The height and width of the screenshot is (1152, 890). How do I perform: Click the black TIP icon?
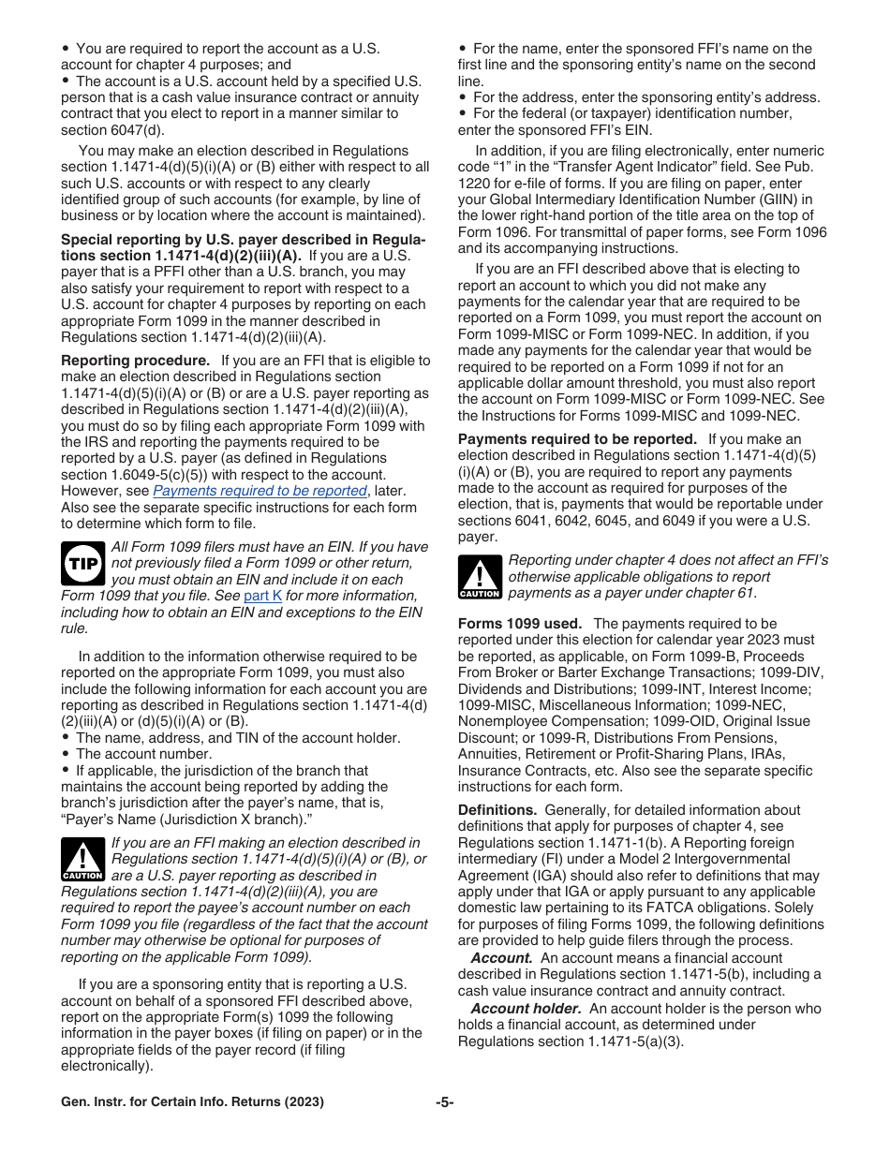pyautogui.click(x=82, y=564)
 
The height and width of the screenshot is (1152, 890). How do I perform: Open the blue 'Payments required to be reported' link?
pyautogui.click(x=260, y=491)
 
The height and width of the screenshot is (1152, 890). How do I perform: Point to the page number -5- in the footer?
pyautogui.click(x=444, y=1102)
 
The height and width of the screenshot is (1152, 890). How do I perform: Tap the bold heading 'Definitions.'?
pyautogui.click(x=497, y=810)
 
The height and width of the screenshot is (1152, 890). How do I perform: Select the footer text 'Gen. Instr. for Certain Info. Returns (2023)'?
pyautogui.click(x=192, y=1102)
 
